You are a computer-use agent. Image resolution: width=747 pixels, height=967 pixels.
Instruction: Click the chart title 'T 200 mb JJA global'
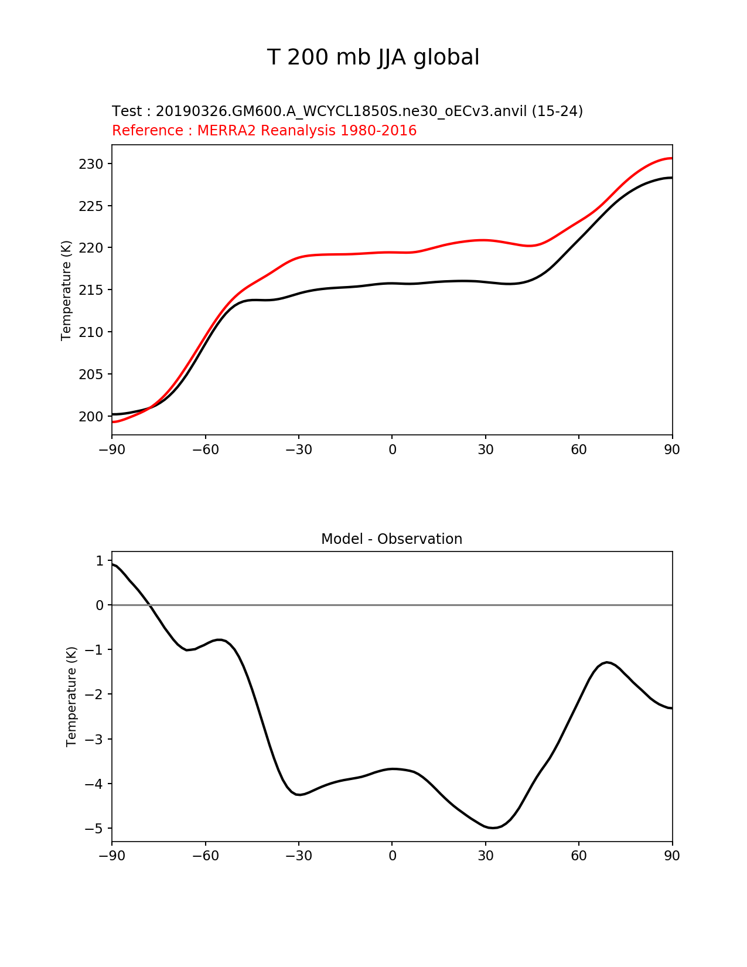pos(373,57)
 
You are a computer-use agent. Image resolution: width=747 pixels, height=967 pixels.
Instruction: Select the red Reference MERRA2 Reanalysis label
pos(264,131)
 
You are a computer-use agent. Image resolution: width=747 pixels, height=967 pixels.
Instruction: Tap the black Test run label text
pos(347,111)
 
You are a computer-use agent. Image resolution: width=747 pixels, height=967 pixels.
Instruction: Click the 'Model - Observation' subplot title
pos(391,539)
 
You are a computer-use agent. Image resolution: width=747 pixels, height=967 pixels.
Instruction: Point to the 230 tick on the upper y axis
pos(91,164)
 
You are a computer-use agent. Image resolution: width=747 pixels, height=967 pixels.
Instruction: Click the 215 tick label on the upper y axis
pos(91,290)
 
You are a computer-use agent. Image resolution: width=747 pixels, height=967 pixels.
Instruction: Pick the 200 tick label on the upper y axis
pos(91,417)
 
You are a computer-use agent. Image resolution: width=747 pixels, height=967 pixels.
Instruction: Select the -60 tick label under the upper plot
pos(205,450)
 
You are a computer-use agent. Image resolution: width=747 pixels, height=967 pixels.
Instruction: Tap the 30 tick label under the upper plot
pos(486,450)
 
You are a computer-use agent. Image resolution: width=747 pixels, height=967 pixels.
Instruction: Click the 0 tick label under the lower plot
pos(392,856)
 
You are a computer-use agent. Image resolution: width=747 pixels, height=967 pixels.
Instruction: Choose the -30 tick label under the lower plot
pos(299,856)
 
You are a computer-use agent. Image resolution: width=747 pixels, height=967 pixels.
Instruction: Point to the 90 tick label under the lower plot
pos(672,856)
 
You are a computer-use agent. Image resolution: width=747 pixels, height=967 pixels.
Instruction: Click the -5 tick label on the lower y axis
pos(94,829)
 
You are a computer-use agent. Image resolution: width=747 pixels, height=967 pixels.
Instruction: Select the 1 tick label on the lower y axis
pos(100,561)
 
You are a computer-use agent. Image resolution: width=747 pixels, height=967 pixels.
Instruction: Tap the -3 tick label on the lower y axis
pos(94,740)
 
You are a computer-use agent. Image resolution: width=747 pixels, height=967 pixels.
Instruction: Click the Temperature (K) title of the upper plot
pos(66,290)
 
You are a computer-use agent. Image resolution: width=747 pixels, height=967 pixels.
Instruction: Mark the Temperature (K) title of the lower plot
pos(71,696)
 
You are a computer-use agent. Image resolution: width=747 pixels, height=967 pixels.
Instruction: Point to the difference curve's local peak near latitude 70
pos(608,662)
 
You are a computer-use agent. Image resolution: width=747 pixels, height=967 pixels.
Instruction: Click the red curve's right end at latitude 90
pos(671,158)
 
